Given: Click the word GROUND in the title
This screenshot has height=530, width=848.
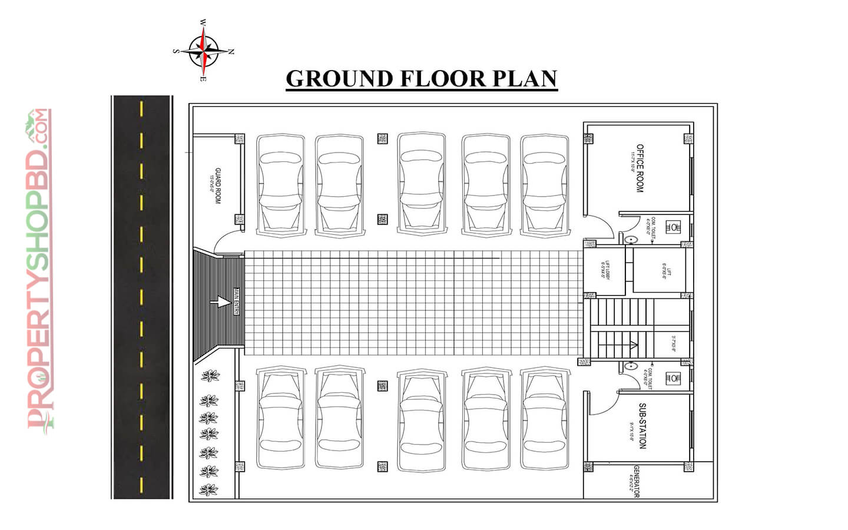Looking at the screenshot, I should point(339,79).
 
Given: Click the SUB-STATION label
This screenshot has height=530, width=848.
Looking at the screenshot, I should point(642,426).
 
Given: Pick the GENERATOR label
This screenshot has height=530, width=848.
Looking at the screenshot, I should point(636,482).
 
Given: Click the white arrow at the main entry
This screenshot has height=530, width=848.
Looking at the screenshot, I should point(221,302).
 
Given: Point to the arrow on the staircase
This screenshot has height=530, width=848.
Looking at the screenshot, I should point(634,345).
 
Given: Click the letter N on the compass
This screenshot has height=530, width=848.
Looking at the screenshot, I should point(231,52).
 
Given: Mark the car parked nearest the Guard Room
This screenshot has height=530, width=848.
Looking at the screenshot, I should point(280,185).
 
